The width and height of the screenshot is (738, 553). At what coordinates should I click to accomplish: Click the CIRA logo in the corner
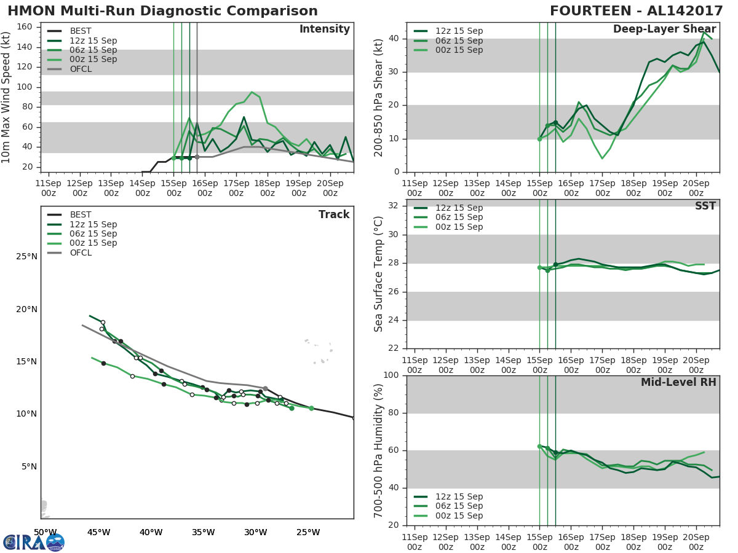point(33,542)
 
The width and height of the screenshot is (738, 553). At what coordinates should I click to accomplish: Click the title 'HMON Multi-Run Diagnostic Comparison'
point(162,11)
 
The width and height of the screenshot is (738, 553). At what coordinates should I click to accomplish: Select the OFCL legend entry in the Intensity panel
point(81,69)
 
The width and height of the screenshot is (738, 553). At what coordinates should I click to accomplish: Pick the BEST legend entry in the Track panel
point(81,215)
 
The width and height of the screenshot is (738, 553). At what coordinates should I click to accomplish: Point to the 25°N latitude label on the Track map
point(26,256)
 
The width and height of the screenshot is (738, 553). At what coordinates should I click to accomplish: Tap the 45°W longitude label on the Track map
point(98,532)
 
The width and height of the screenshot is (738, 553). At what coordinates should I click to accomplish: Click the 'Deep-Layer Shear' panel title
point(664,29)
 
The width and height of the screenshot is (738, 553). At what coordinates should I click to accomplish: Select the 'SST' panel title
point(705,206)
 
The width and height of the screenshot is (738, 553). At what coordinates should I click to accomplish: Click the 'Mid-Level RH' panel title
point(678,383)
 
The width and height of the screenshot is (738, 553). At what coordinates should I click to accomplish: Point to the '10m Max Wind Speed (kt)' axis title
point(7,98)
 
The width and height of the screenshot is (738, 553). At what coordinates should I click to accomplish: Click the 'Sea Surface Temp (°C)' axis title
point(379,274)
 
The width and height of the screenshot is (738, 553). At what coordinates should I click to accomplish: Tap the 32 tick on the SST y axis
point(393,205)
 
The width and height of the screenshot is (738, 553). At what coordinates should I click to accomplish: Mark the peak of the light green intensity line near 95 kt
point(252,92)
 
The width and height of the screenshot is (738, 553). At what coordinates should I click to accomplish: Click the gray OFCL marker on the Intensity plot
point(197,157)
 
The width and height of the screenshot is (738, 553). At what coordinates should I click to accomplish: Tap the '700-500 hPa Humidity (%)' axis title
point(379,450)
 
